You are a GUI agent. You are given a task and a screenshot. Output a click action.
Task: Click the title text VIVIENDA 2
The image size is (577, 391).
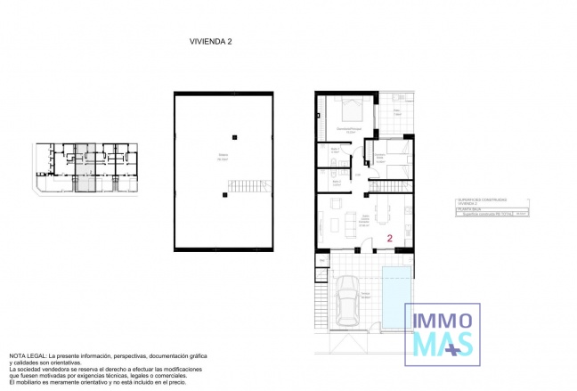click(211, 41)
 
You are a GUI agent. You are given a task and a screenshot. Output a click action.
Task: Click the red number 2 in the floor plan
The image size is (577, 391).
click(390, 238)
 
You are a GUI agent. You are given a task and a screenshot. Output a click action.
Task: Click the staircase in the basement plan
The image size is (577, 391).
click(248, 186)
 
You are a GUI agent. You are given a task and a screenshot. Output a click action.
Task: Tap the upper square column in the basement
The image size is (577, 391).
click(235, 136)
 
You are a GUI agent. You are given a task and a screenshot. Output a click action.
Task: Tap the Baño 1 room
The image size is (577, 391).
click(335, 154)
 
